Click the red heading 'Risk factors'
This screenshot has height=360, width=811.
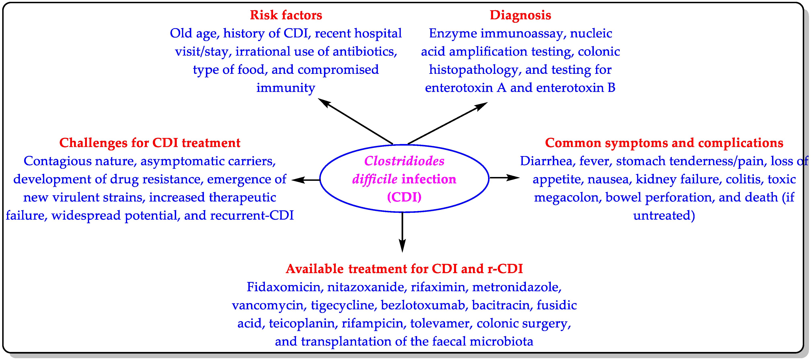click(x=286, y=15)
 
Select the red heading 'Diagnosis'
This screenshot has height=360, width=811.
click(x=520, y=15)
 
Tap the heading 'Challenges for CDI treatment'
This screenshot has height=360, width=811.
click(x=150, y=143)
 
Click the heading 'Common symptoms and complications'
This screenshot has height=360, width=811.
click(x=664, y=143)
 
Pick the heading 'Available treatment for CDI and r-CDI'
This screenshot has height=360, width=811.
click(x=404, y=269)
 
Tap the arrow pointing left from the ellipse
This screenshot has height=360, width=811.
click(x=305, y=180)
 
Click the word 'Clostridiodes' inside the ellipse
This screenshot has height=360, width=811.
click(x=404, y=161)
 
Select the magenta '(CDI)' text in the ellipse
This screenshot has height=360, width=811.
click(x=404, y=197)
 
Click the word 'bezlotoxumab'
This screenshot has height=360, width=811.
click(x=423, y=305)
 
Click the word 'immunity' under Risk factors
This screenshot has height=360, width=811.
click(x=286, y=88)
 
